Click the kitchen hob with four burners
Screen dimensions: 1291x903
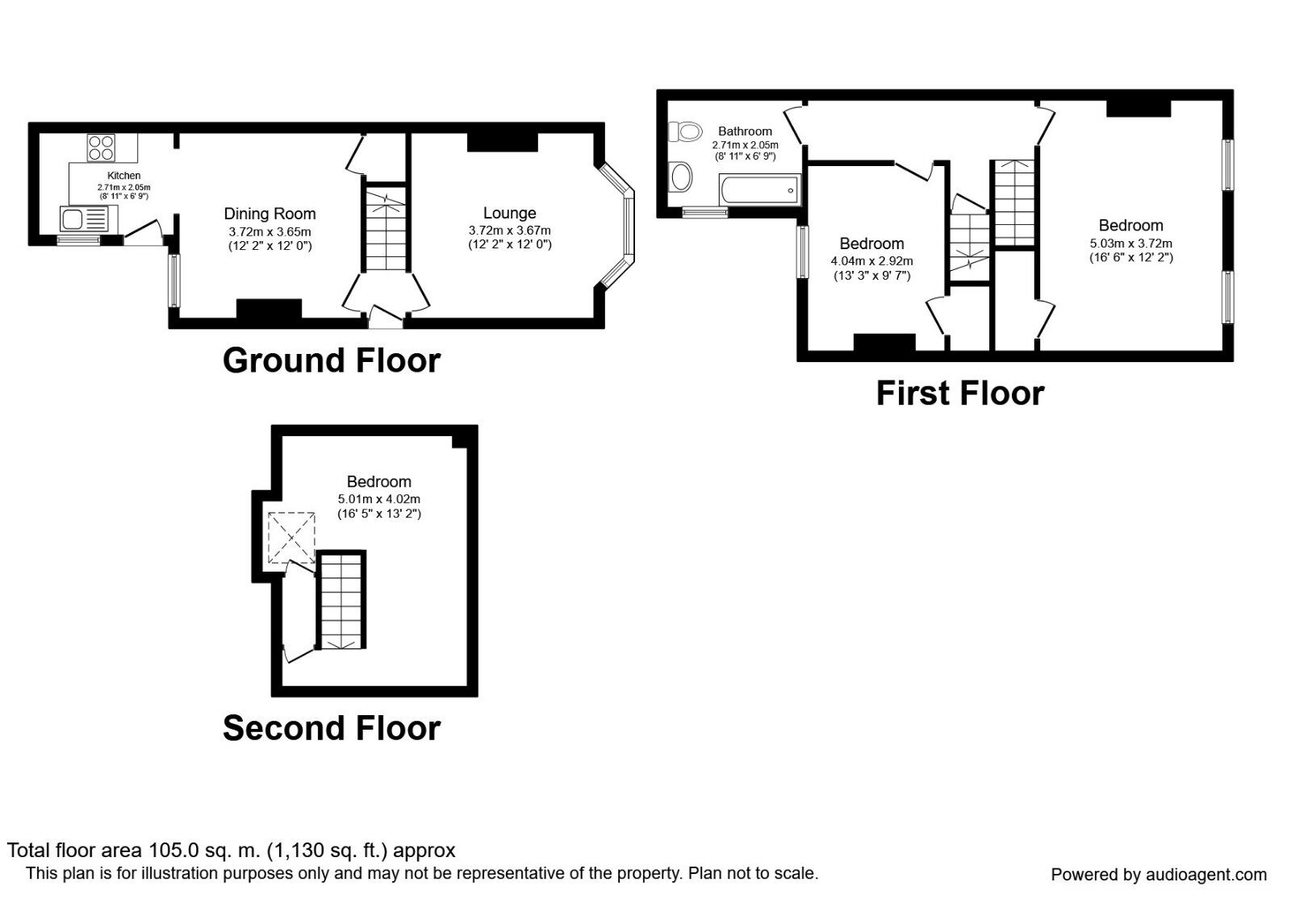tap(101, 148)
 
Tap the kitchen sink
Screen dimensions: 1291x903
tap(89, 219)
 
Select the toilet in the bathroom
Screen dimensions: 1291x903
tap(685, 131)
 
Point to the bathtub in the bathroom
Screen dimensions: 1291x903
tap(759, 189)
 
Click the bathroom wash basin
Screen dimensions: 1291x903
tap(681, 176)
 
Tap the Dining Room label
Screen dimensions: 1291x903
tap(269, 214)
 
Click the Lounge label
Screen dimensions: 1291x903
tap(509, 214)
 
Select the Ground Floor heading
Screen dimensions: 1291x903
tap(332, 360)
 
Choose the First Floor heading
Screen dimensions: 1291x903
tap(960, 394)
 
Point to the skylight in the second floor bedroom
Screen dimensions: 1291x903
tap(291, 538)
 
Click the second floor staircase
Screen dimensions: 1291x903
tap(341, 600)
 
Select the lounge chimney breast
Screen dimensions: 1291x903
tap(502, 142)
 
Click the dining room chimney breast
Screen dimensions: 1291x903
tap(269, 309)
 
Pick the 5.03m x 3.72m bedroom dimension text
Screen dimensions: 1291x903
tap(1130, 243)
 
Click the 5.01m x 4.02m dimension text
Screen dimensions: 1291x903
tap(378, 499)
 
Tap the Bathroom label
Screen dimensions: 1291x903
tap(745, 131)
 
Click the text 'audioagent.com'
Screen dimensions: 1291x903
tap(1206, 875)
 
